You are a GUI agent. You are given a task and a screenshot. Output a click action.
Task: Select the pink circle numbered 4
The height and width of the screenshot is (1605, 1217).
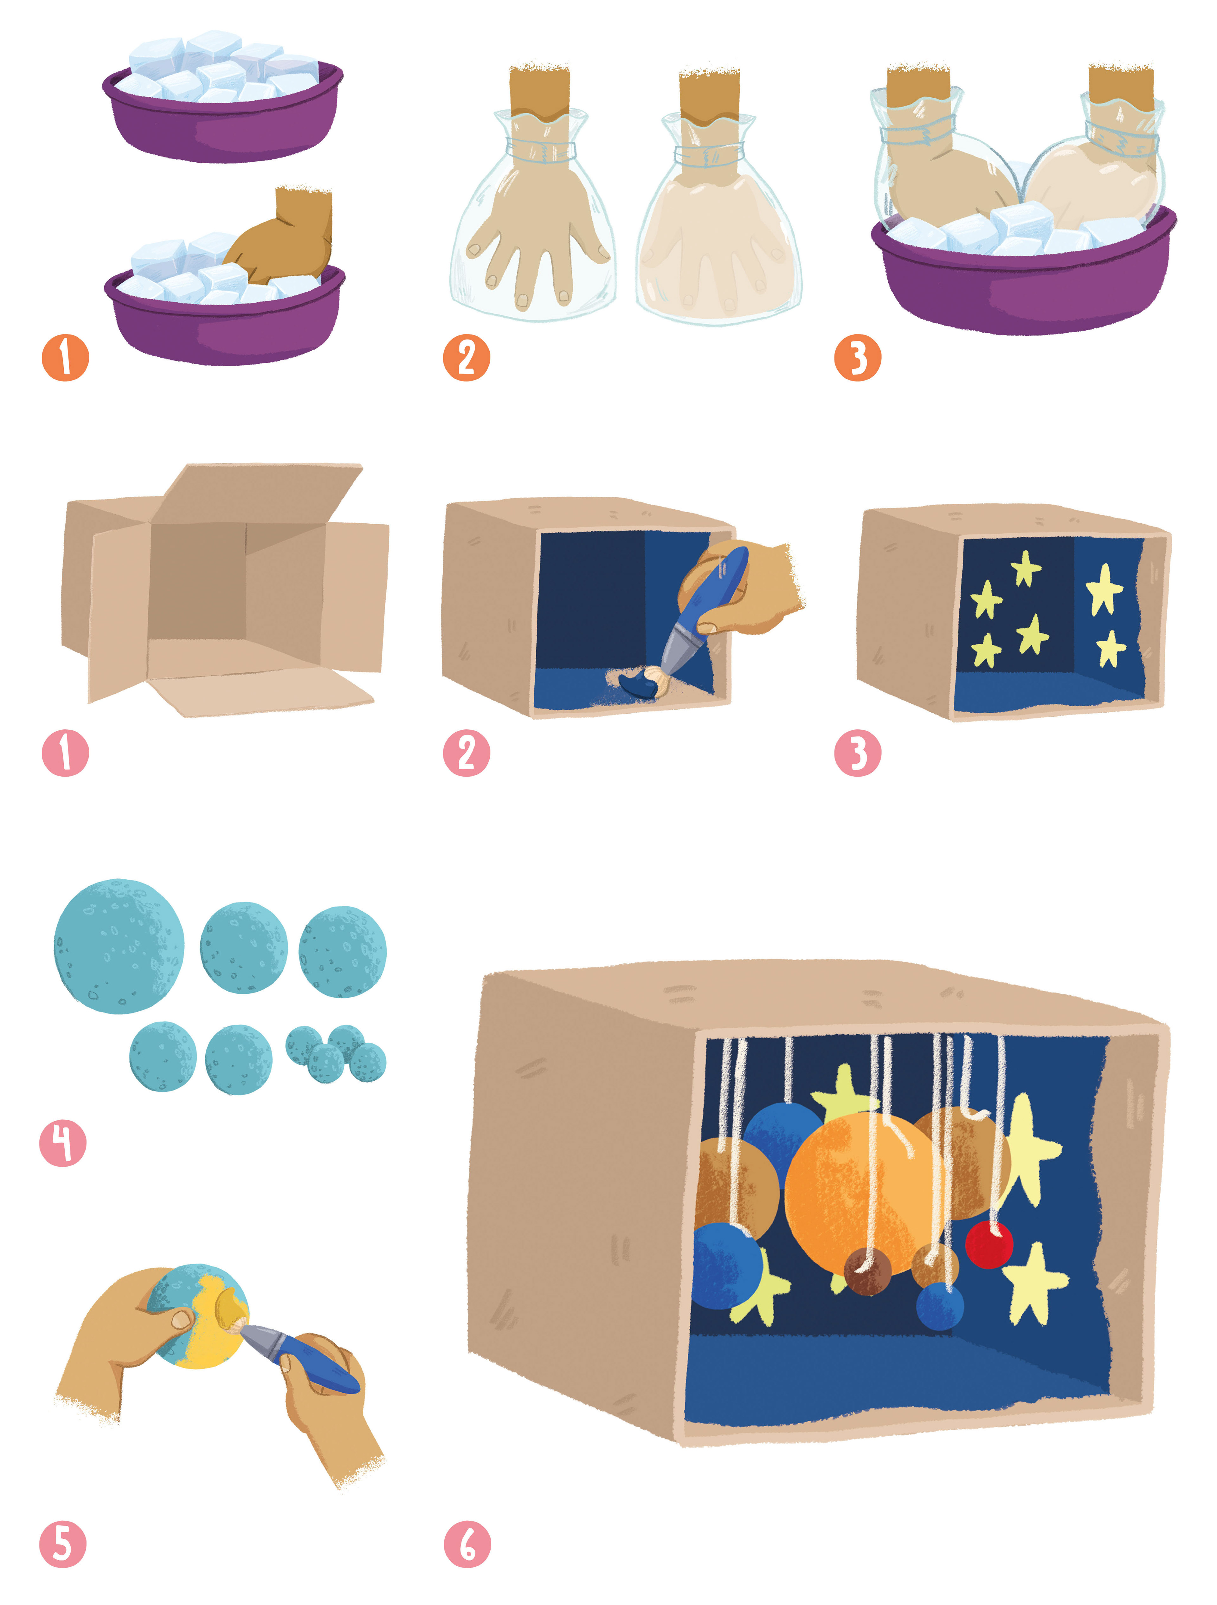tap(63, 1143)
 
